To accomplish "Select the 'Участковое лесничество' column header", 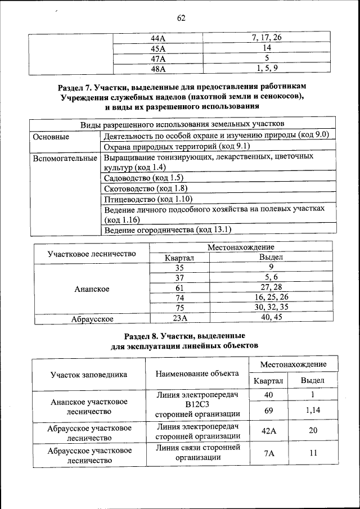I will [x=92, y=254].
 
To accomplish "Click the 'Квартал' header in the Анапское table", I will [x=179, y=258].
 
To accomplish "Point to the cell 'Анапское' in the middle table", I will [x=92, y=289].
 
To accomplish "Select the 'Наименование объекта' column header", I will [x=197, y=373].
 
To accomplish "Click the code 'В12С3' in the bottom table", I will [x=197, y=404].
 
